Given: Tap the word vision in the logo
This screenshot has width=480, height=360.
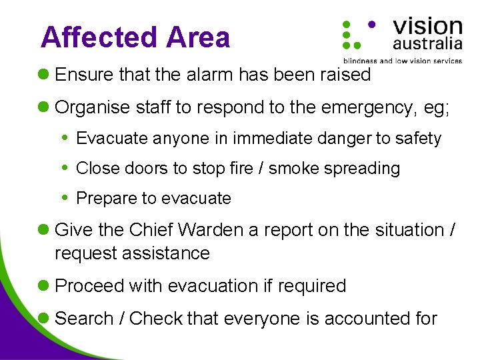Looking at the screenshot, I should [x=427, y=27].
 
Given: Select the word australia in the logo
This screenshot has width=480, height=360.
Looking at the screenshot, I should [x=427, y=44].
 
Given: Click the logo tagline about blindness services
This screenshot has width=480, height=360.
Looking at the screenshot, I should [x=402, y=61].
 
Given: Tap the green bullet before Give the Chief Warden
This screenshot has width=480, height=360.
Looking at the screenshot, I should [x=45, y=231].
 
